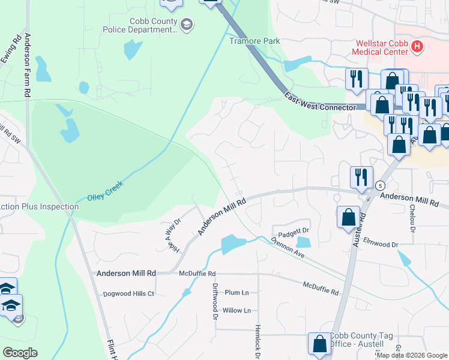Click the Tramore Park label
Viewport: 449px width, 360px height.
tap(255, 41)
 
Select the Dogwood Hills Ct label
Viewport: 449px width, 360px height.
tap(125, 293)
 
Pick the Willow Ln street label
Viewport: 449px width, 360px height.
tap(237, 310)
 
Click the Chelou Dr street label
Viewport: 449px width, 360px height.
tap(412, 219)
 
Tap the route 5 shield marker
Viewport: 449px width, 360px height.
tap(381, 186)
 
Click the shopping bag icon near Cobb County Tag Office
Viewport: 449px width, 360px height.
tap(319, 343)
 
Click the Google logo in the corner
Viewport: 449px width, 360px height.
tap(20, 353)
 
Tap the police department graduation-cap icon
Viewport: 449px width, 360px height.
tap(187, 24)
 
